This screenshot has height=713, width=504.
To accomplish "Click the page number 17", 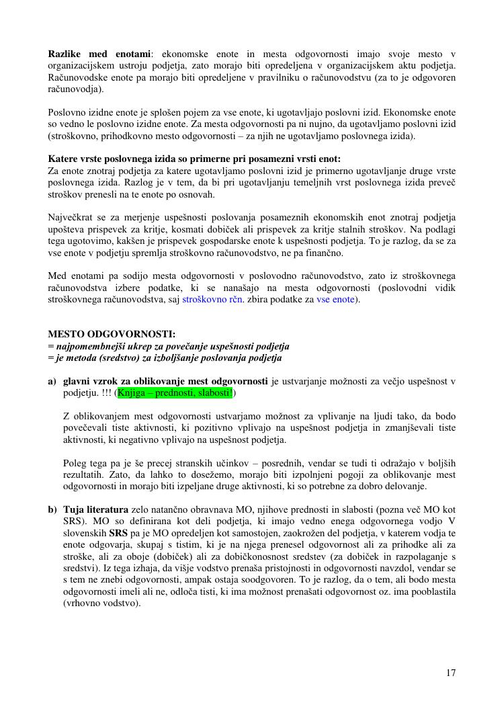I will coord(451,673).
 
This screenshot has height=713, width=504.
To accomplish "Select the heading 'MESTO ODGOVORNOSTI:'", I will coord(112,335).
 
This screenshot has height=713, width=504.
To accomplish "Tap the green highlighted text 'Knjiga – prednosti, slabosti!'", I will coord(175,392).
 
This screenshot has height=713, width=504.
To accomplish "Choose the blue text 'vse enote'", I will coord(335,300).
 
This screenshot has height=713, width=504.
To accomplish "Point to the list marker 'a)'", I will coord(52,382).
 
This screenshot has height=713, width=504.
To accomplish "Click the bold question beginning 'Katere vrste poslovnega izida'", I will coord(194,159).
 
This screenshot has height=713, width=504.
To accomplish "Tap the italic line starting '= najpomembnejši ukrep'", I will coord(169,347).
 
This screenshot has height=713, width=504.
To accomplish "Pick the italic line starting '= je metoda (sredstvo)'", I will coord(165,358).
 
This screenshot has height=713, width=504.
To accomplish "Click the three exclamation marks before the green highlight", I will coord(106,392).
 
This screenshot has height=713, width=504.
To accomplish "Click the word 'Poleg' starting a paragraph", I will coord(75,463).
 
